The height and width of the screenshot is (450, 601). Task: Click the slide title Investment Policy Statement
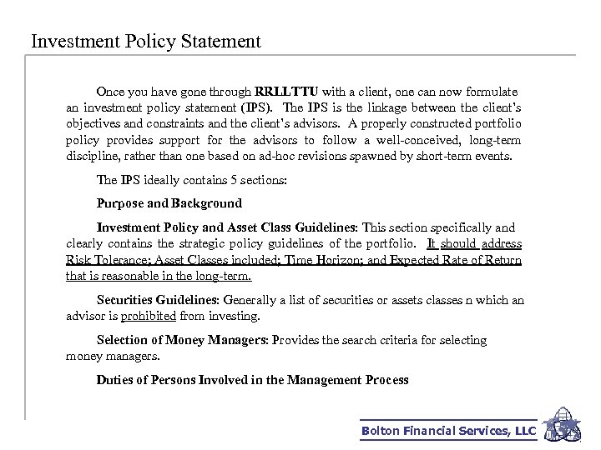[x=145, y=41]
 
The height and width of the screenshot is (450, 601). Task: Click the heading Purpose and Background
[x=169, y=202]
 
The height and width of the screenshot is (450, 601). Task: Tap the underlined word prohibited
[x=149, y=316]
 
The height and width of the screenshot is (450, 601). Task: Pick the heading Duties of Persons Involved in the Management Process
[x=253, y=380]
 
